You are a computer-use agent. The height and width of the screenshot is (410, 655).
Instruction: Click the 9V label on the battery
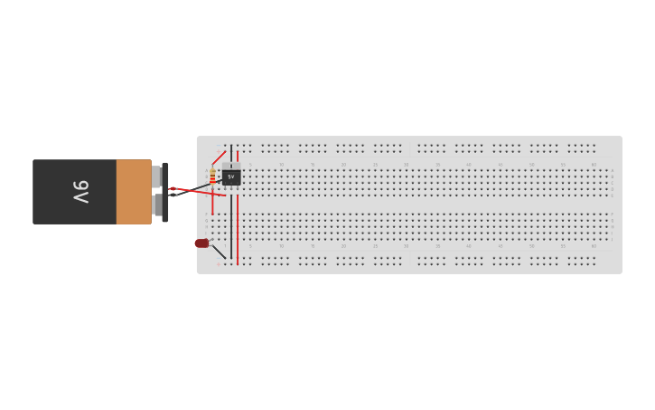click(80, 192)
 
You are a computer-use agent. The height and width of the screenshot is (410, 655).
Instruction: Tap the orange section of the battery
click(134, 192)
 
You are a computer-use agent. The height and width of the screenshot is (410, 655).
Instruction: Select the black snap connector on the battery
click(164, 192)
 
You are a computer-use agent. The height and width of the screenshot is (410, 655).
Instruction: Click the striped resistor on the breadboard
click(212, 176)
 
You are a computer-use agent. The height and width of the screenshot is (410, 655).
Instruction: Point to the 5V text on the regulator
click(231, 176)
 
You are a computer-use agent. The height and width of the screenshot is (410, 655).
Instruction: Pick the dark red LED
click(201, 243)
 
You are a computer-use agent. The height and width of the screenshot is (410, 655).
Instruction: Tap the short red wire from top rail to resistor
click(218, 157)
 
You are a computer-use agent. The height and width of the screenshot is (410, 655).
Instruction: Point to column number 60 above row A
click(594, 165)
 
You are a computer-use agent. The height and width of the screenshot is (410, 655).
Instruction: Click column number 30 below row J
click(406, 245)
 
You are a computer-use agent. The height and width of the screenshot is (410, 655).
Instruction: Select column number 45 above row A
click(500, 165)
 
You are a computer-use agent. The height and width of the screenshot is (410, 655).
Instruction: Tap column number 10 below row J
click(281, 245)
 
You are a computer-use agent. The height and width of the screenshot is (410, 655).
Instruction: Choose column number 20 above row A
click(343, 165)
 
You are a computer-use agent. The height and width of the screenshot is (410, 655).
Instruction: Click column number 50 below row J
click(531, 245)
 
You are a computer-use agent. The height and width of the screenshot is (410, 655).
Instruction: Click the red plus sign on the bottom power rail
click(219, 263)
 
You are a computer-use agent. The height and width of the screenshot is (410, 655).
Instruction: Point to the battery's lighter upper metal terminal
click(156, 176)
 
